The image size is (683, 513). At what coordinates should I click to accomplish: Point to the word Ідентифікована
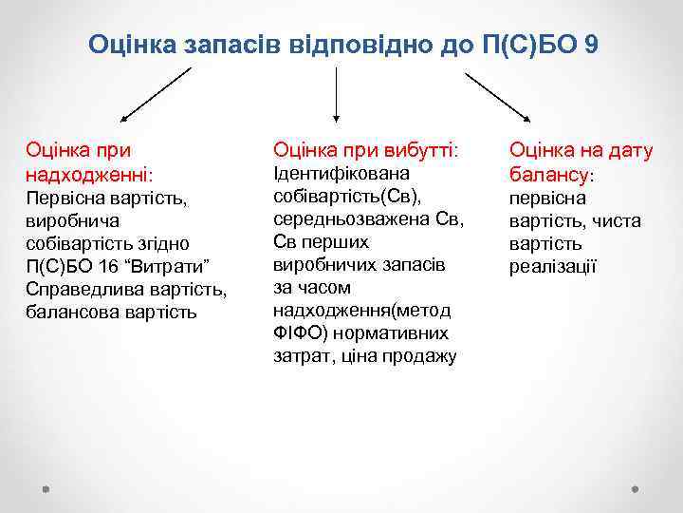(341, 174)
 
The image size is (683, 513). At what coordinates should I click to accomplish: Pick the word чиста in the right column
(618, 221)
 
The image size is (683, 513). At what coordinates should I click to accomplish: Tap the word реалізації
(553, 267)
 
